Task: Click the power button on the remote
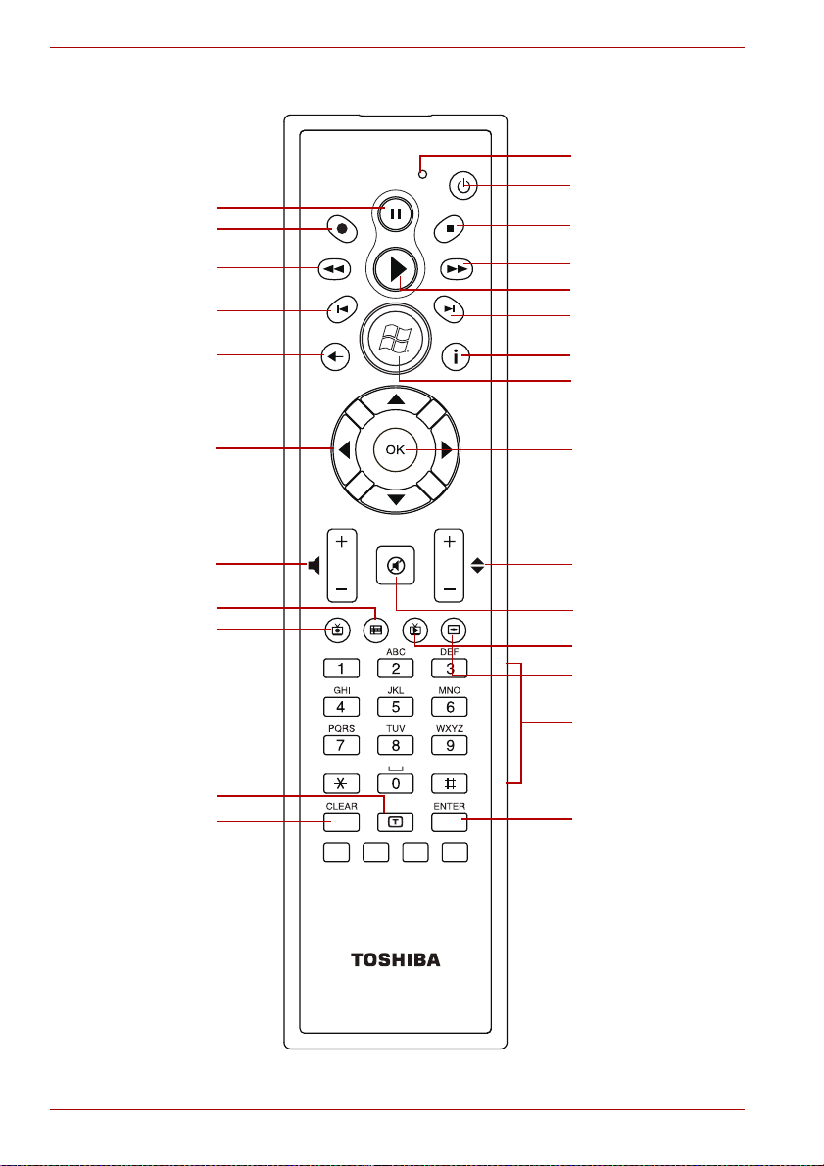tap(463, 185)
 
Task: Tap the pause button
tap(395, 213)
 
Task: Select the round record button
tap(340, 230)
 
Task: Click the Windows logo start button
tap(395, 340)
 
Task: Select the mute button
tap(395, 565)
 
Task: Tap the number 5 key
tap(395, 706)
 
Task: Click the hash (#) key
tap(450, 783)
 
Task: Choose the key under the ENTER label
tap(450, 820)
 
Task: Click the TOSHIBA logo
tap(395, 959)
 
